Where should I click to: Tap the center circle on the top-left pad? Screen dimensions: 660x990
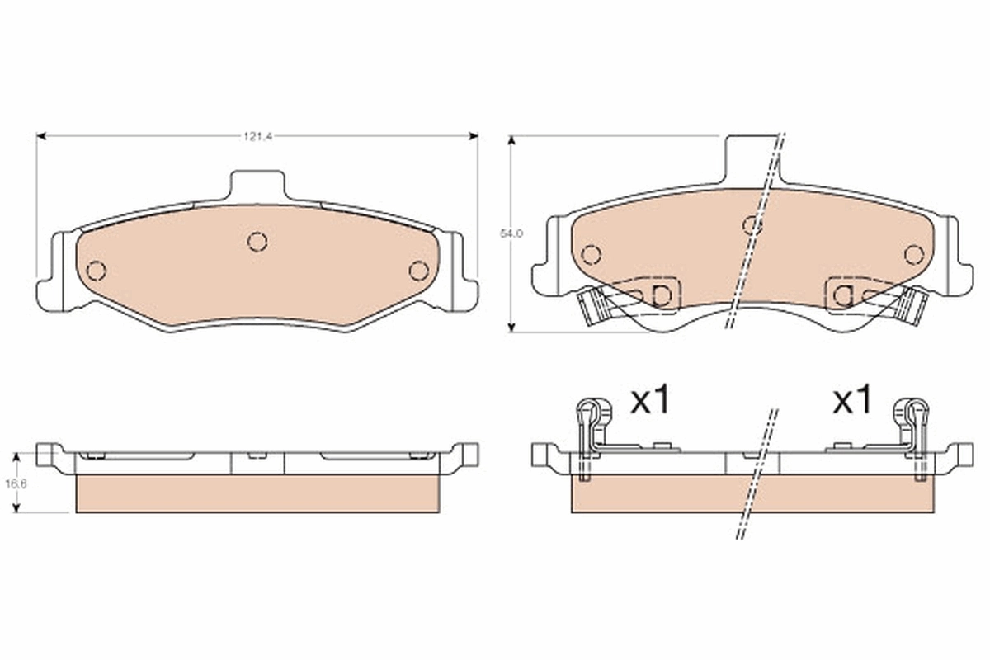[x=257, y=241]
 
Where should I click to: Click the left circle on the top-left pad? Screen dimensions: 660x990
[x=97, y=270]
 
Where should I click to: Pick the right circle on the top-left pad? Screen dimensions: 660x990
[x=419, y=270]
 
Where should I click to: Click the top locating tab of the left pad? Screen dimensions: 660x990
[x=257, y=184]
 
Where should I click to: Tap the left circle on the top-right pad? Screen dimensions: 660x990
[x=591, y=254]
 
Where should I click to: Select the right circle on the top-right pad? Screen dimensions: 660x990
[x=913, y=254]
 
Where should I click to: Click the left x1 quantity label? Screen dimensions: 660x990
[x=652, y=402]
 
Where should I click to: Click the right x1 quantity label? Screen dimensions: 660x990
[x=852, y=402]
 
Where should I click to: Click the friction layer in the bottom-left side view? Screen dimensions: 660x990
[x=257, y=493]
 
